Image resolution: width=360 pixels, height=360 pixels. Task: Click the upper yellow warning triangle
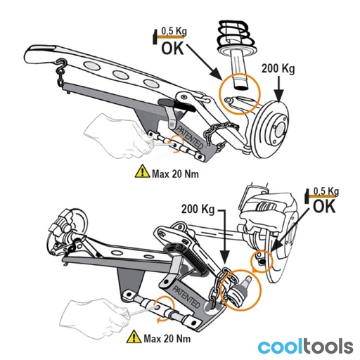142,172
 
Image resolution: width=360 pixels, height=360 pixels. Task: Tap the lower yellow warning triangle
134,337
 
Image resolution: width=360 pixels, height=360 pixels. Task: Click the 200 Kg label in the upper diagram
278,69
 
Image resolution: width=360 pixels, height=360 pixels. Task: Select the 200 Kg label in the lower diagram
198,210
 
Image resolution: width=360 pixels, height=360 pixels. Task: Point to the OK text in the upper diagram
172,49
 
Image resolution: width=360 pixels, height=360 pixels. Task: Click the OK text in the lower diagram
324,206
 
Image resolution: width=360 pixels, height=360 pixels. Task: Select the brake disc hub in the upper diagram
272,129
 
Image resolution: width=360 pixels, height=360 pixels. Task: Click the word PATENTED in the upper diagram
190,137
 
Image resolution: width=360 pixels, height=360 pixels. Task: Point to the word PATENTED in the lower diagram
186,296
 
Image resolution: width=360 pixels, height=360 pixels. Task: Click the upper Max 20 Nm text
175,174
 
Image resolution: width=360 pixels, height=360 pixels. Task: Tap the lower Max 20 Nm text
167,339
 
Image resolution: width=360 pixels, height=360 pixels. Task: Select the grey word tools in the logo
328,347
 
